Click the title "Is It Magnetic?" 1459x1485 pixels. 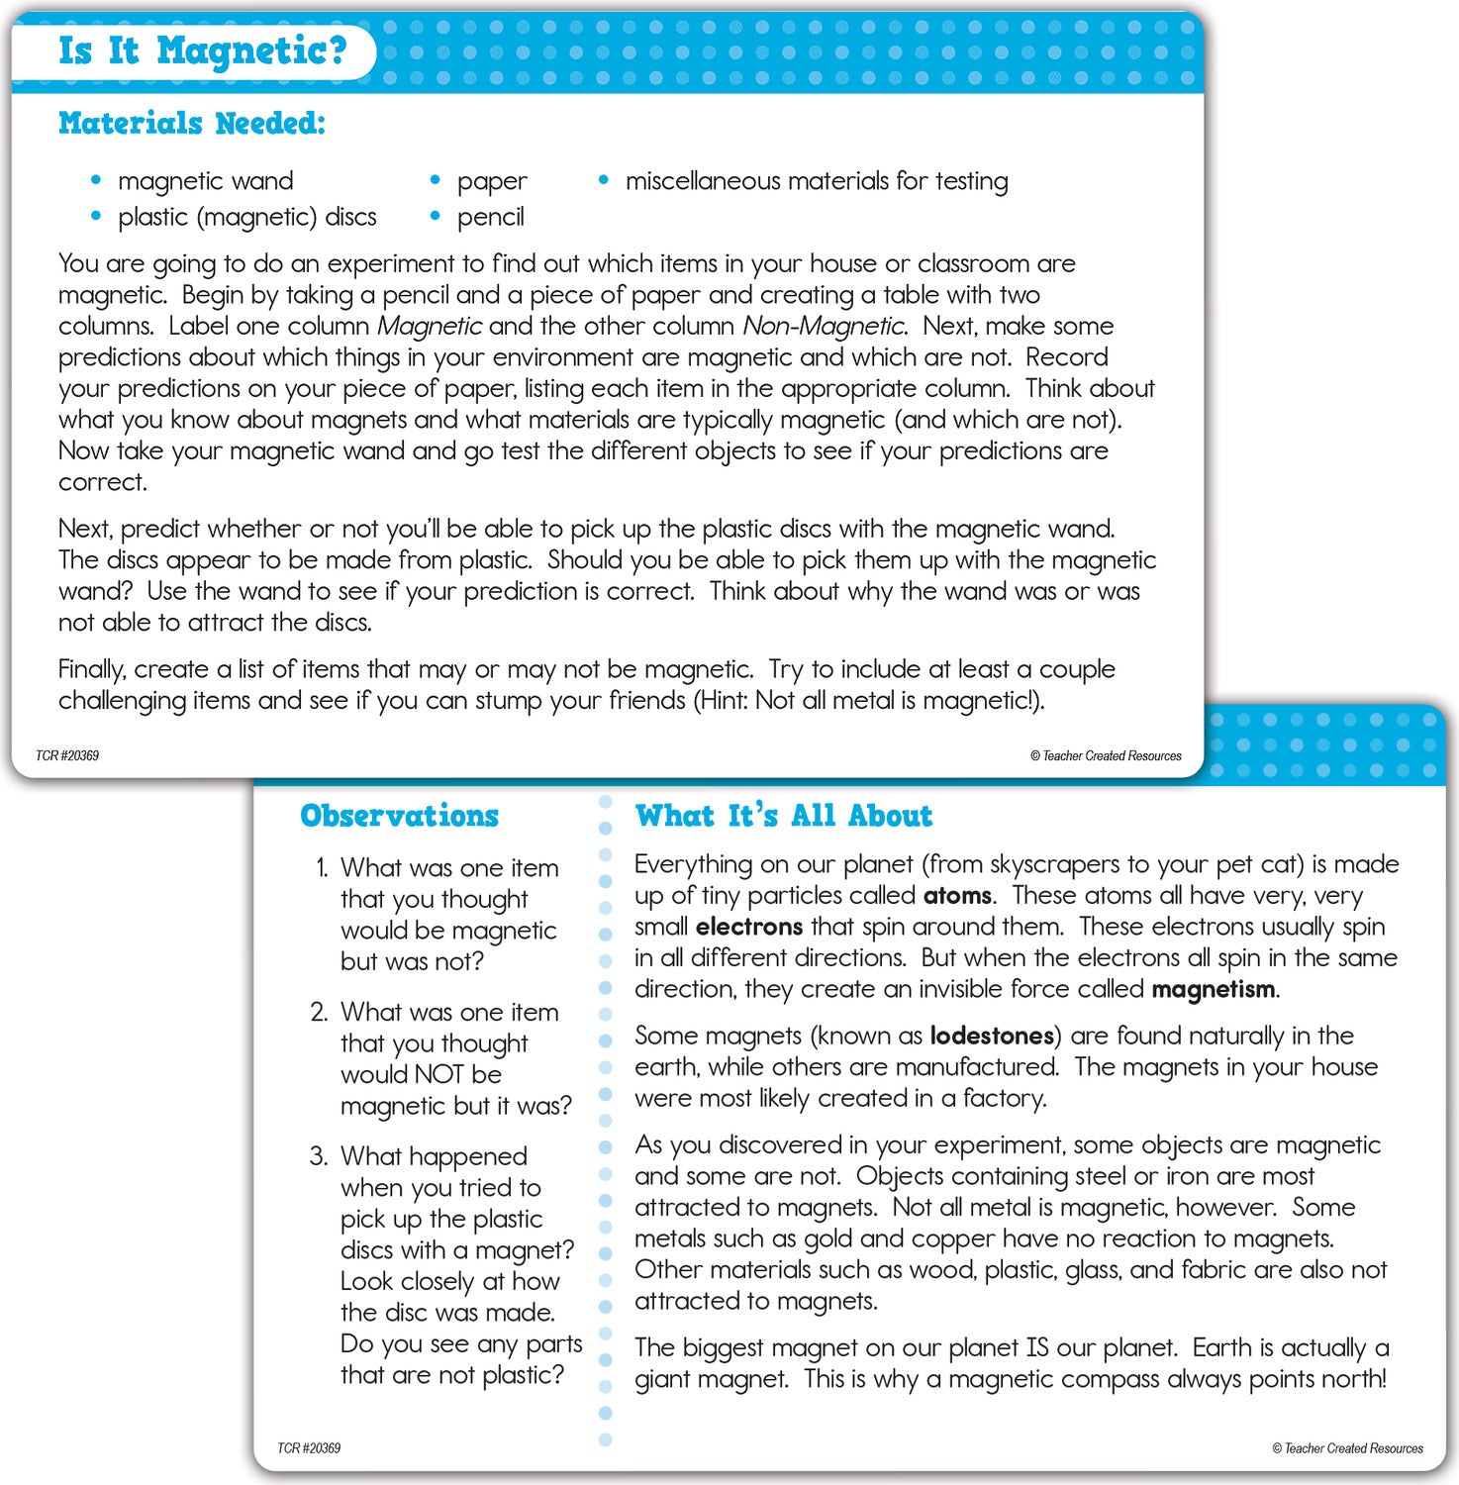tap(202, 49)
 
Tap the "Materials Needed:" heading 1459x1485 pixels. tap(191, 123)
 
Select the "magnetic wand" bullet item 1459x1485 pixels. tap(205, 181)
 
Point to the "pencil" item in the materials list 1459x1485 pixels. tap(490, 217)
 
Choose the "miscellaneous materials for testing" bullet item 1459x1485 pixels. tap(816, 181)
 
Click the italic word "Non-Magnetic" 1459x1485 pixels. tap(824, 326)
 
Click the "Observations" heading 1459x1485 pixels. tap(399, 816)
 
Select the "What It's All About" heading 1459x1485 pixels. tap(783, 816)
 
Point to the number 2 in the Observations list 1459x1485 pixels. tap(318, 1012)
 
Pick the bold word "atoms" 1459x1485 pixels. tap(957, 896)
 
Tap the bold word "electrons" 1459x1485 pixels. tap(748, 927)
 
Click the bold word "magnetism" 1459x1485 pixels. tap(1214, 989)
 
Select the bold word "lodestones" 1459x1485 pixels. tap(992, 1036)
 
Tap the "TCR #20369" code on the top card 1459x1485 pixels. tap(67, 755)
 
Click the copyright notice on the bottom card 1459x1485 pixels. tap(1347, 1448)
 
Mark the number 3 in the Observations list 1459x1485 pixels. tap(318, 1156)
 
